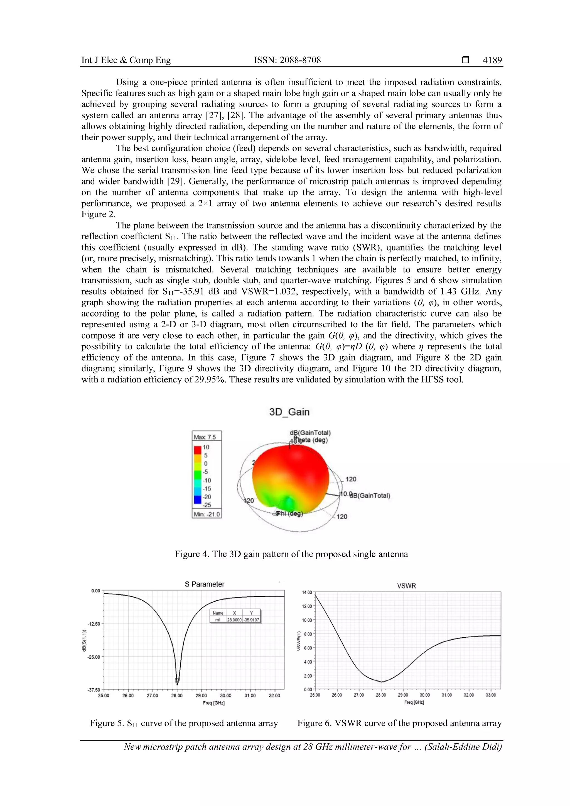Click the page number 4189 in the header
(492, 60)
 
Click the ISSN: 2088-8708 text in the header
(287, 60)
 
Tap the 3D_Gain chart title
(289, 412)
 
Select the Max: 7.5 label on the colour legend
(205, 437)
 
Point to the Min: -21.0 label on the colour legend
(207, 514)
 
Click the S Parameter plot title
(204, 584)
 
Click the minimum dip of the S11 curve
(177, 684)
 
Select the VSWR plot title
(406, 586)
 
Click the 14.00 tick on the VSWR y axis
(307, 593)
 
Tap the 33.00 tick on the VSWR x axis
(490, 695)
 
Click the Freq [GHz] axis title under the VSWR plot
(414, 702)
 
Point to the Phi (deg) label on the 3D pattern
(289, 513)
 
